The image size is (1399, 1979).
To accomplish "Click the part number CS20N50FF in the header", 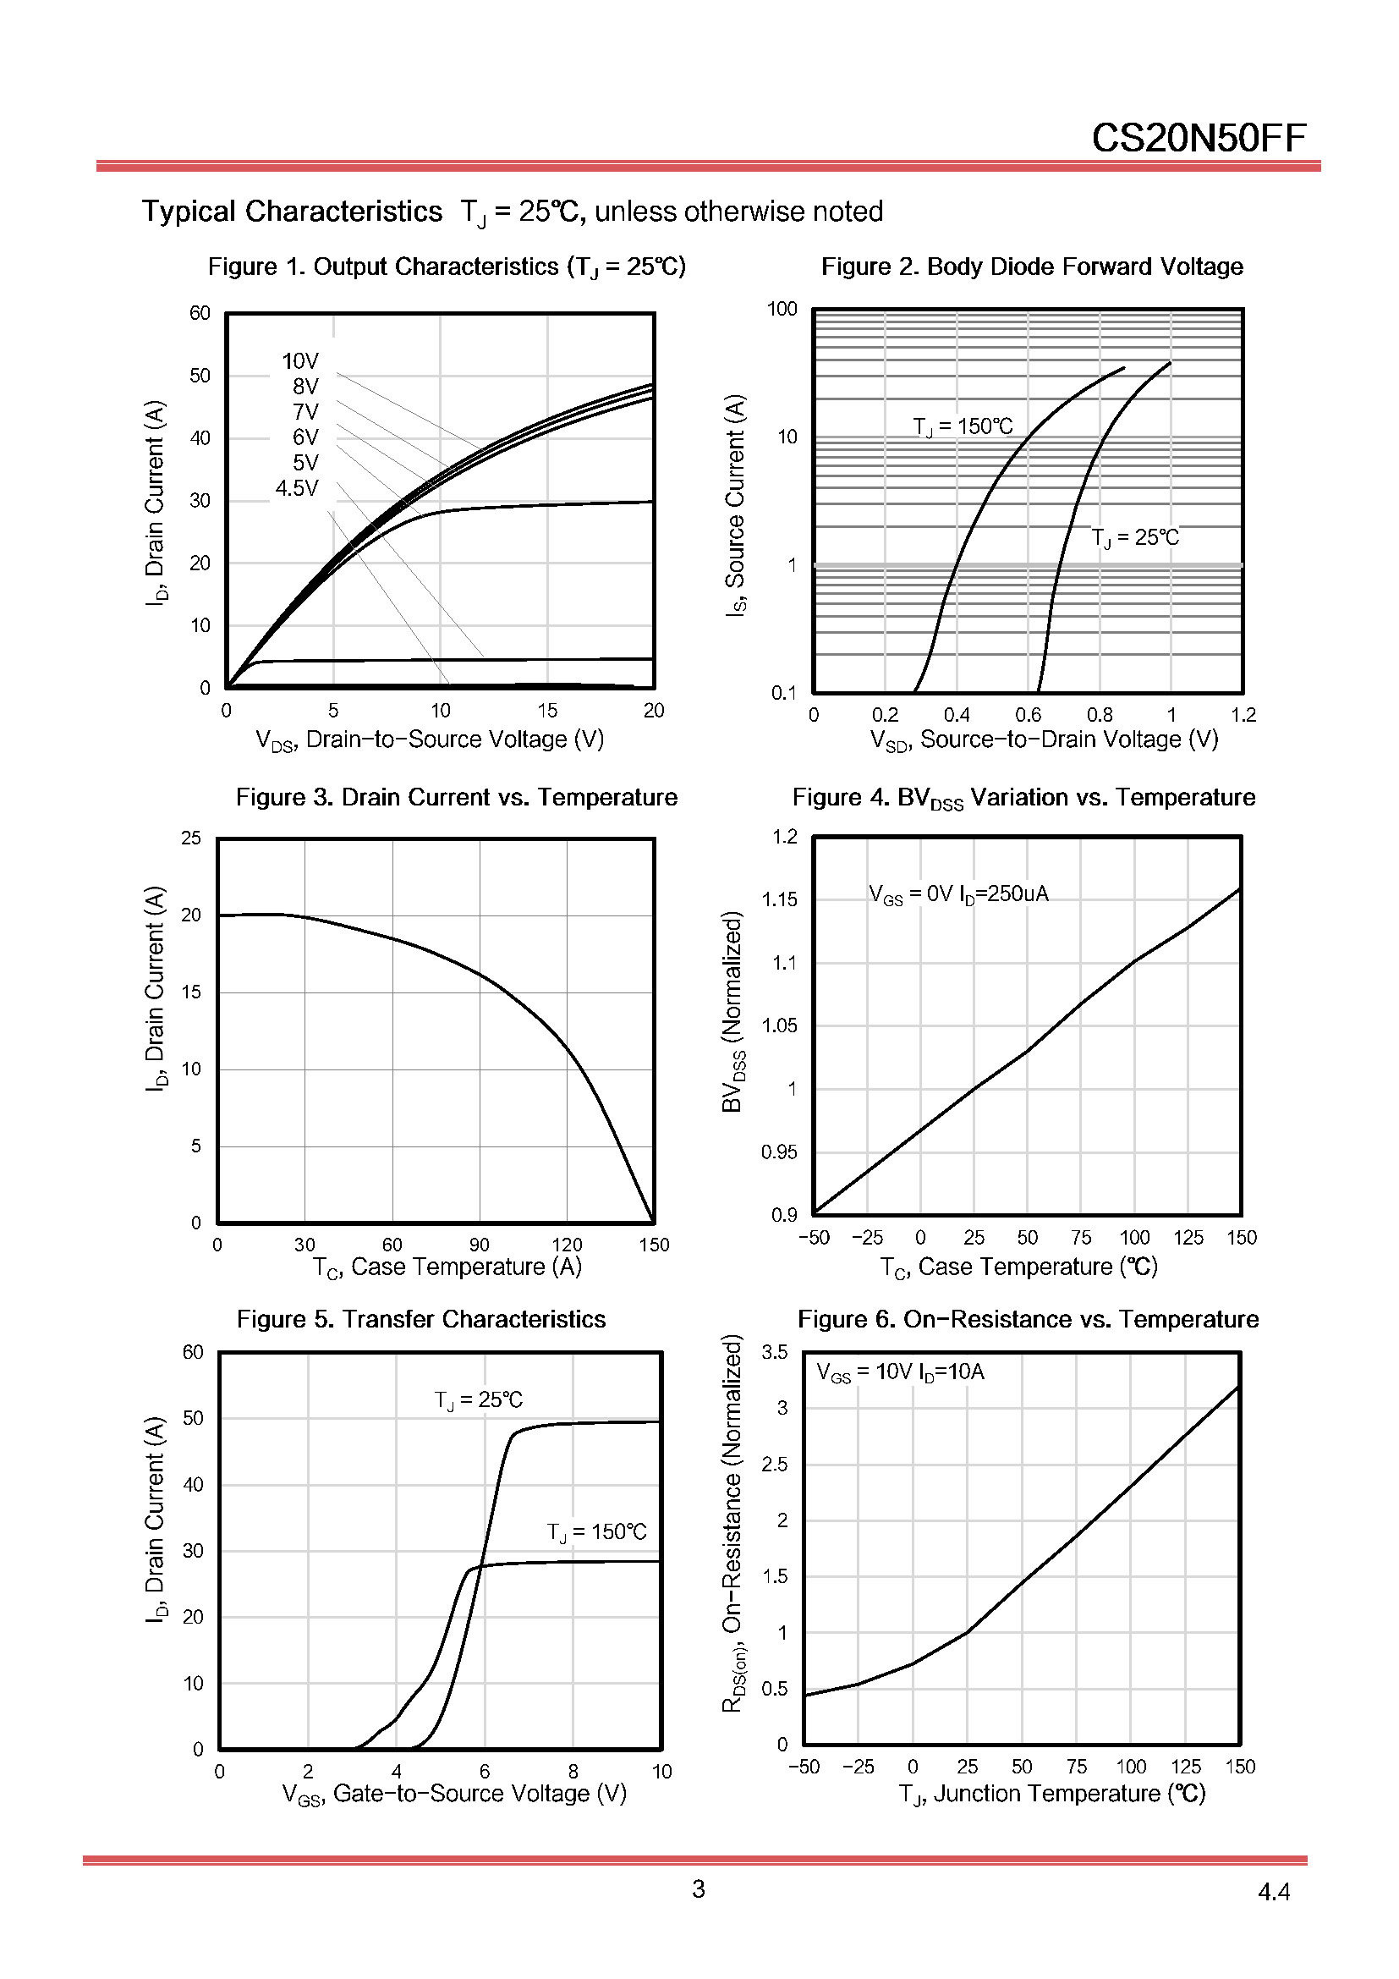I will coord(1199,138).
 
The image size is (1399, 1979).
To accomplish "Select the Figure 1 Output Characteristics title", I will coord(447,267).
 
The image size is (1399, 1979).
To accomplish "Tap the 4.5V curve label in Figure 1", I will coord(296,489).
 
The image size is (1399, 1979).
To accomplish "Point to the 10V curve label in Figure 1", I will coord(299,361).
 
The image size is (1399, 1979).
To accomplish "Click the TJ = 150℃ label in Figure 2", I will coord(963,426).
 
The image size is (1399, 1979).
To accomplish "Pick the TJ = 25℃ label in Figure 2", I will coord(1134,538).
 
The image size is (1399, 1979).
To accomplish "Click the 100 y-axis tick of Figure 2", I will coord(782,310).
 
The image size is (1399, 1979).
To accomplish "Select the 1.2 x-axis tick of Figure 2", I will coord(1243,715).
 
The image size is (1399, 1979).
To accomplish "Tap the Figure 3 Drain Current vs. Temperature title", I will coord(457,797).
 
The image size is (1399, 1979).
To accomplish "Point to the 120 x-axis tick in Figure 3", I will coord(567,1245).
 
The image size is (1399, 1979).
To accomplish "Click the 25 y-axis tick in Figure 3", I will coord(190,838).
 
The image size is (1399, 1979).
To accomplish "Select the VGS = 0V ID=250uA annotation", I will coord(958,894).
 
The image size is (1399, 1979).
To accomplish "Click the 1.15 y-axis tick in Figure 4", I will coord(780,900).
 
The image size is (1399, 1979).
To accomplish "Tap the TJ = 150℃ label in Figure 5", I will coord(596,1531).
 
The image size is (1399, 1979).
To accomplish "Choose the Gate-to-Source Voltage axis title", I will coord(454,1795).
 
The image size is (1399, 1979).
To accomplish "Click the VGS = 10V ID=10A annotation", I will coord(899,1372).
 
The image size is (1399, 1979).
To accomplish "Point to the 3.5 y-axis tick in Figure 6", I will coord(775,1351).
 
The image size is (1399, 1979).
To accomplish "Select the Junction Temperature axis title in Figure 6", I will coord(1051,1795).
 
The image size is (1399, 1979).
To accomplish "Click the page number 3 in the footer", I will coord(698,1889).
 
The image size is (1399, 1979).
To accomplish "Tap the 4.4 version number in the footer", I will coord(1273,1892).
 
